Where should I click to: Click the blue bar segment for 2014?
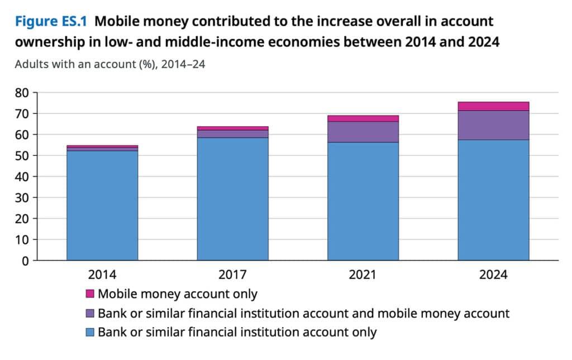pyautogui.click(x=102, y=206)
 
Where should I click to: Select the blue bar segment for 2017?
pyautogui.click(x=232, y=199)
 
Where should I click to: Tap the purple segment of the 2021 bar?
pyautogui.click(x=363, y=132)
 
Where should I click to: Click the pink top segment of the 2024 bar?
pyautogui.click(x=493, y=106)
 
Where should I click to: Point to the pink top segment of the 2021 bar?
pyautogui.click(x=363, y=119)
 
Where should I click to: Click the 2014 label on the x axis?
pyautogui.click(x=102, y=274)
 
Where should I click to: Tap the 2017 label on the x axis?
pyautogui.click(x=232, y=274)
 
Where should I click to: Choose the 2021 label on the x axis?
pyautogui.click(x=363, y=274)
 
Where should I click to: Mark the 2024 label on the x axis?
pyautogui.click(x=493, y=274)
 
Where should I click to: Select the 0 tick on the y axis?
pyautogui.click(x=25, y=260)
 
